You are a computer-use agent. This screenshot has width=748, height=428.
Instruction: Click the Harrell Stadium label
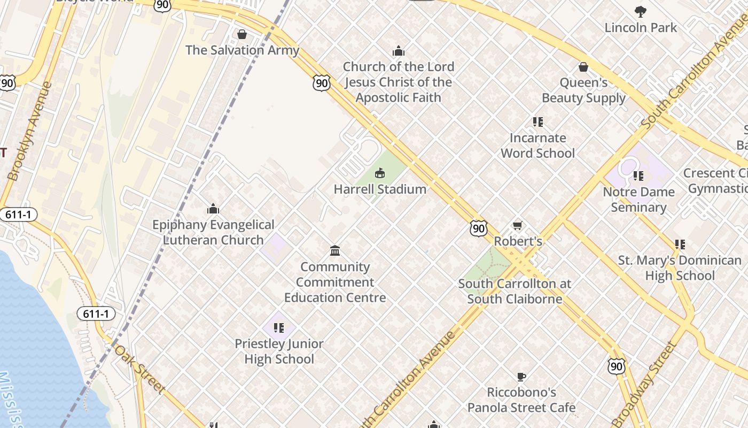pos(380,189)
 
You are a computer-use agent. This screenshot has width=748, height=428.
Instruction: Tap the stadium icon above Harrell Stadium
pos(380,173)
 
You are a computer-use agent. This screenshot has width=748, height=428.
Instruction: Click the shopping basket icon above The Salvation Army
pos(242,35)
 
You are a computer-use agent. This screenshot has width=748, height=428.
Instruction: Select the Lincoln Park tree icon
pos(640,12)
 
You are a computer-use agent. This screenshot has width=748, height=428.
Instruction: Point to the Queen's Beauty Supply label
pos(583,90)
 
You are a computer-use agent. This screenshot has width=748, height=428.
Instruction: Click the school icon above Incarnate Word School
pos(537,122)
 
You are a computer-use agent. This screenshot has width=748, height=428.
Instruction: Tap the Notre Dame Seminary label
pos(638,200)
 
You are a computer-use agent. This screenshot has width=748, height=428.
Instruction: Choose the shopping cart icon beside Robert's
pos(517,226)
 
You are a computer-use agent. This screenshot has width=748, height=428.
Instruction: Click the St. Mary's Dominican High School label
pos(680,268)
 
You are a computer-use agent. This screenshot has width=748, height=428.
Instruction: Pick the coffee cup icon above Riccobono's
pos(521,377)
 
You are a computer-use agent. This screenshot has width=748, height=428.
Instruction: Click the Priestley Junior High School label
pos(279,351)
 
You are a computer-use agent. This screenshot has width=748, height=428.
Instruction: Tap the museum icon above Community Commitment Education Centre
pos(335,250)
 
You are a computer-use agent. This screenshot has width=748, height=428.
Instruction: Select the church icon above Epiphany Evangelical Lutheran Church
pos(213,209)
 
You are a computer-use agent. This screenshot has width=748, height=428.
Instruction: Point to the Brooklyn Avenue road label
pos(30,131)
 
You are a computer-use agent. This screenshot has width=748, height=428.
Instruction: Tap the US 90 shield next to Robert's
pos(479,228)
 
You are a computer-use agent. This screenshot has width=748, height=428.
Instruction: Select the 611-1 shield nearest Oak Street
pos(96,314)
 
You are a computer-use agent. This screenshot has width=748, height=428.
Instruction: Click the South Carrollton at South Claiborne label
pos(515,292)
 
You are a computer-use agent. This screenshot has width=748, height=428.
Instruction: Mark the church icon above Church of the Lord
pos(398,51)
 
